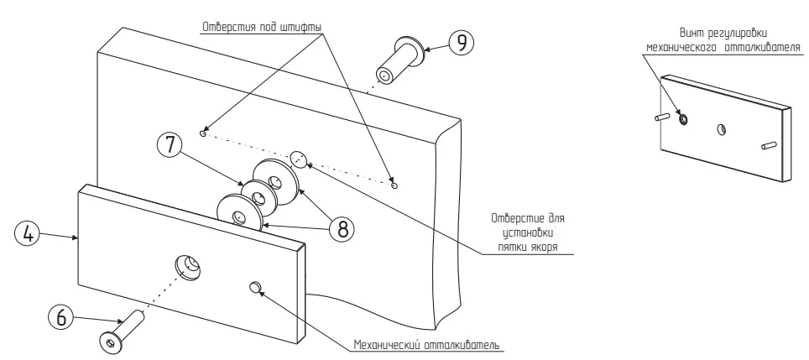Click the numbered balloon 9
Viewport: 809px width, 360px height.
(x=462, y=42)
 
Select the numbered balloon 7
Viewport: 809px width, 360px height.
(x=170, y=144)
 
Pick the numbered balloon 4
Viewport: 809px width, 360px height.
(x=27, y=234)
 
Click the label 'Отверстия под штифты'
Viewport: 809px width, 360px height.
(x=261, y=26)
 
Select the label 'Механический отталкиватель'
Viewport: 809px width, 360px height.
(x=428, y=345)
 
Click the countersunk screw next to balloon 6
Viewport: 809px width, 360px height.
(x=122, y=331)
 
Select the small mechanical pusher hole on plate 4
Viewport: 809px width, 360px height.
(x=253, y=288)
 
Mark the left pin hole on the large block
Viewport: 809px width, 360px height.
(x=203, y=132)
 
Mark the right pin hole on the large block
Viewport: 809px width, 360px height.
(x=394, y=185)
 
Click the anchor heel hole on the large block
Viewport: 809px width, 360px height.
(x=298, y=156)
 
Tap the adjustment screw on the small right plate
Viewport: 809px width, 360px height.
(x=682, y=118)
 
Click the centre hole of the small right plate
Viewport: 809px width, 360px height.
(x=721, y=129)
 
